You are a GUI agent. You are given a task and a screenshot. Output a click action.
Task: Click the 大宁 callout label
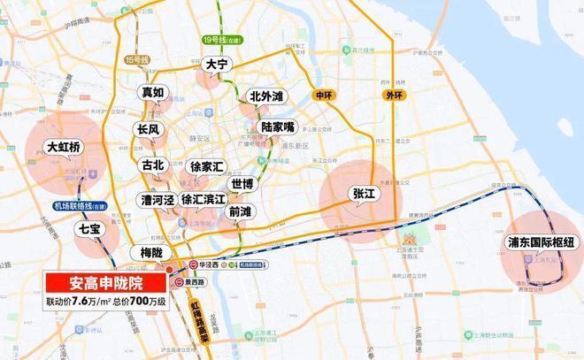point(216,64)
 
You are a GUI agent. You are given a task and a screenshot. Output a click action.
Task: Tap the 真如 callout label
point(153,93)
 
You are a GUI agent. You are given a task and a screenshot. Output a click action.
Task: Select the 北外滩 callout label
point(265,96)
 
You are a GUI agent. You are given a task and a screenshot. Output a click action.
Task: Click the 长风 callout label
point(147,129)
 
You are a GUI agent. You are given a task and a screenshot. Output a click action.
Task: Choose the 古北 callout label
point(153,165)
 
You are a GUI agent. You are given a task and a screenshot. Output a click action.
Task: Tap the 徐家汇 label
point(206,166)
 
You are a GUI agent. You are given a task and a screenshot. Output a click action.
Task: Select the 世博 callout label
point(241,184)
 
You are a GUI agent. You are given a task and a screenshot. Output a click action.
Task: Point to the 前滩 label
point(240,211)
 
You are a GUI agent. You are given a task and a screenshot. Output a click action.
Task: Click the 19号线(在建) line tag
point(216,40)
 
